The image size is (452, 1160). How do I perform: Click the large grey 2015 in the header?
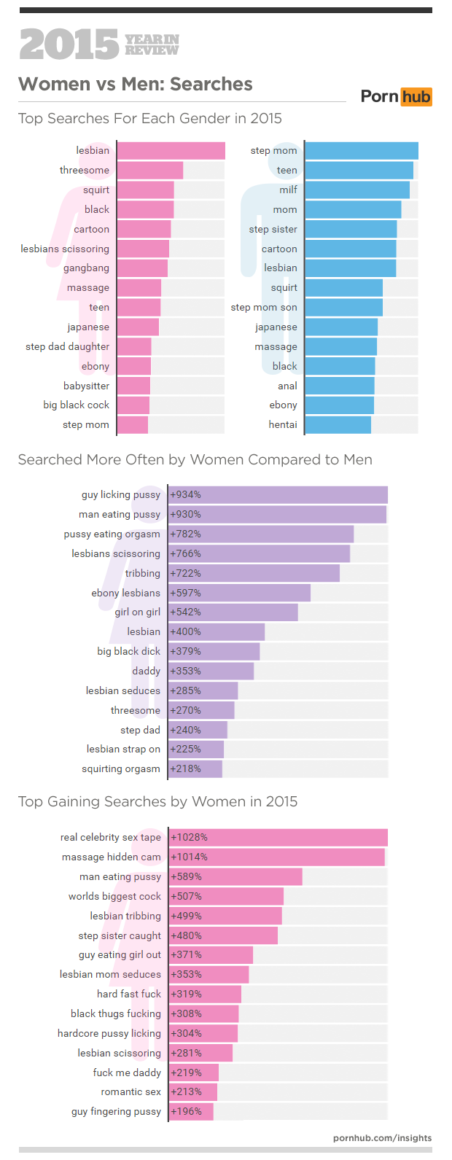pos(69,44)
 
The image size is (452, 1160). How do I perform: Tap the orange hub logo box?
pos(416,97)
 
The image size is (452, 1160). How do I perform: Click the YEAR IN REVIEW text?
pos(152,44)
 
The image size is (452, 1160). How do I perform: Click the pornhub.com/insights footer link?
pos(382,1138)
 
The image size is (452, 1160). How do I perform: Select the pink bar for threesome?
pos(150,171)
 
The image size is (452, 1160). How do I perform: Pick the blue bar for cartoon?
pos(351,249)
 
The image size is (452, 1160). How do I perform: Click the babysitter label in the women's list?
pos(86,386)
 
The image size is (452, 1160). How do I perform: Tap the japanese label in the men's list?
pos(276,327)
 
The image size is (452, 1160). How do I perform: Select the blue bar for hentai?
pos(338,425)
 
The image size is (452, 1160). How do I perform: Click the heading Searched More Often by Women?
pos(195,460)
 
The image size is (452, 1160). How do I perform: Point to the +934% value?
pos(185,495)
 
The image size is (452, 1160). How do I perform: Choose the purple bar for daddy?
pos(211,672)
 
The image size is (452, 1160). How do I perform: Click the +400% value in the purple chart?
pos(185,632)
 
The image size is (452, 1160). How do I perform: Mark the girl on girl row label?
pos(137,612)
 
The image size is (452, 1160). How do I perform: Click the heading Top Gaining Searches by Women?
pos(157,802)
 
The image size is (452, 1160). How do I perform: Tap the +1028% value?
pos(189,838)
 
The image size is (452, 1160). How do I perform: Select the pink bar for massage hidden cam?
pos(277,857)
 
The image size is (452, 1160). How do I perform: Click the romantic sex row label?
pos(130,1092)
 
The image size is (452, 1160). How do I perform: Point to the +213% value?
pos(186,1092)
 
